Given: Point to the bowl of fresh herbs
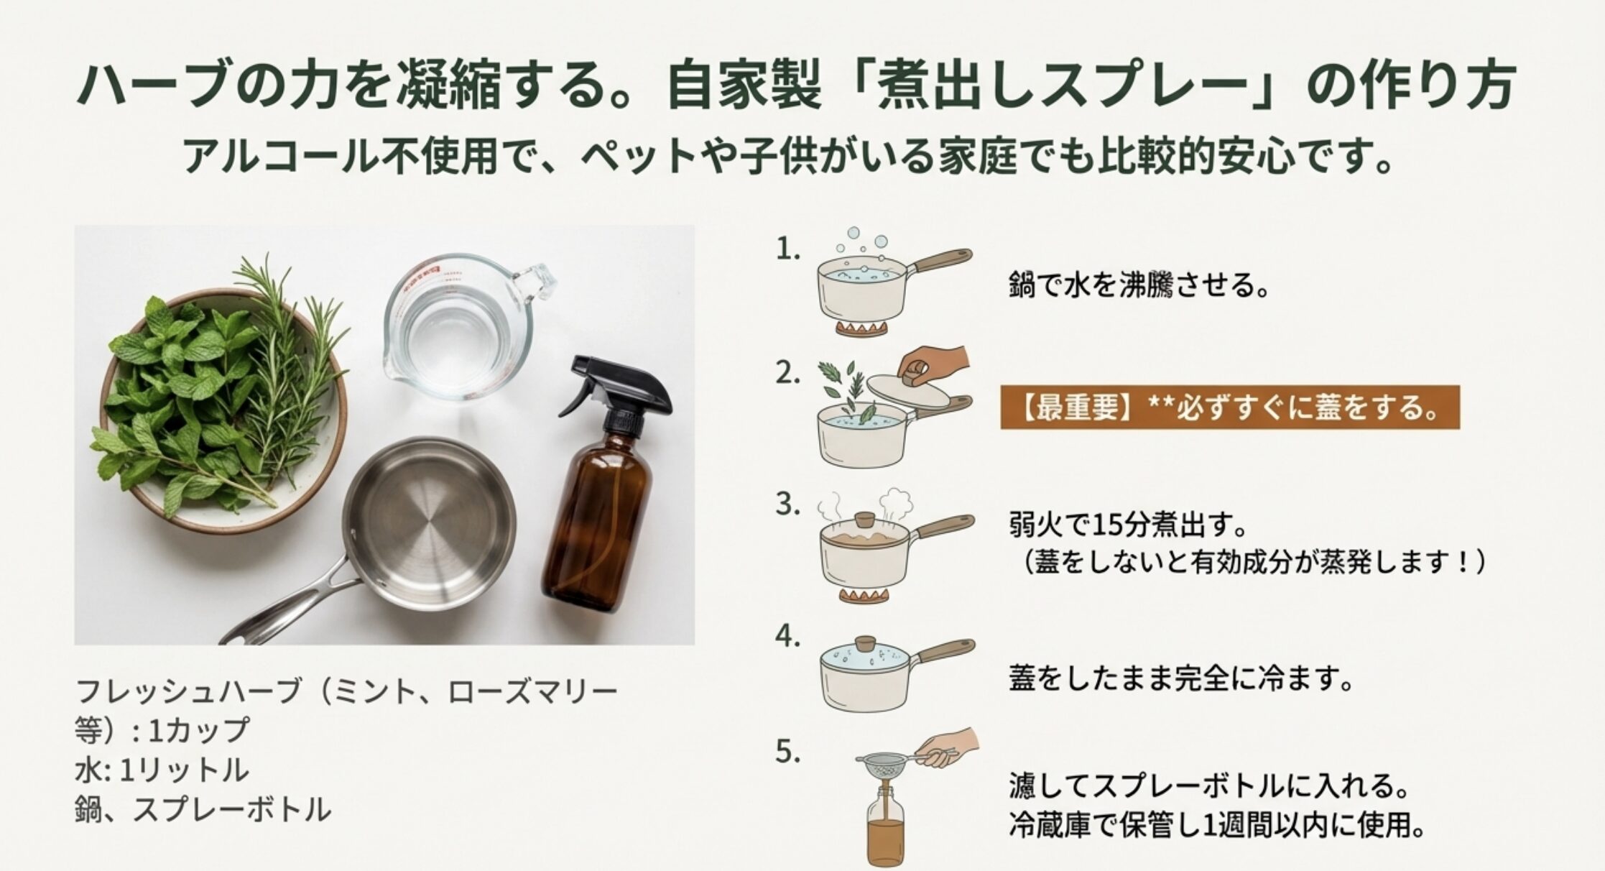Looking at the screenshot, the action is (x=223, y=410).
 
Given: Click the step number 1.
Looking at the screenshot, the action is (x=787, y=249).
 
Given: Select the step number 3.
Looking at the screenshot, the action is (x=787, y=504).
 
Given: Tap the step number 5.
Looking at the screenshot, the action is (x=787, y=752).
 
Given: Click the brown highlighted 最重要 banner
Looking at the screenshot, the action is (x=1230, y=407).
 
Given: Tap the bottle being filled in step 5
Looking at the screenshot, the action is (x=885, y=826).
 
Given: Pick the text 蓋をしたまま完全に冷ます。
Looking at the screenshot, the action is (x=1181, y=678).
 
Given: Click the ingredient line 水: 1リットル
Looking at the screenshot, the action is (x=162, y=770).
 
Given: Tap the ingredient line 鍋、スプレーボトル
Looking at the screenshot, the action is (x=203, y=810).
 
